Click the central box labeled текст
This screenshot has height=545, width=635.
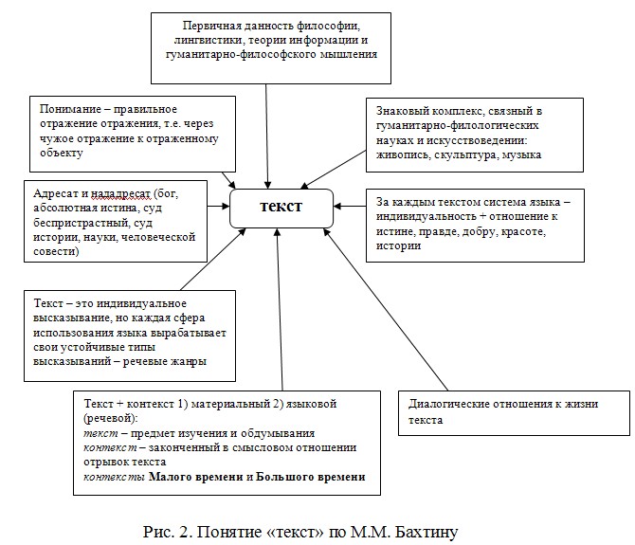(x=281, y=209)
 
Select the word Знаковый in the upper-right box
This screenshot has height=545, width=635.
(x=401, y=111)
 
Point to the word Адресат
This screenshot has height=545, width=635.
(x=56, y=193)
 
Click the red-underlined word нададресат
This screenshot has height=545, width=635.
(x=120, y=194)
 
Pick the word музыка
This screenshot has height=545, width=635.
(x=521, y=155)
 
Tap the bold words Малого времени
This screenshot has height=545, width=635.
(x=196, y=477)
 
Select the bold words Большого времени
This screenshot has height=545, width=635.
(x=311, y=477)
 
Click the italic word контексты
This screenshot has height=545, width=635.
(x=114, y=478)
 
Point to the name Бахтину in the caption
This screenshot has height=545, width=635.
(x=426, y=532)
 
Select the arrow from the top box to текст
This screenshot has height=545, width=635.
(x=267, y=136)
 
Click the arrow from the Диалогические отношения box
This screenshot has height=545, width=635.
(x=386, y=309)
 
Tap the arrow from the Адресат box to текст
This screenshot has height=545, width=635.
(x=219, y=207)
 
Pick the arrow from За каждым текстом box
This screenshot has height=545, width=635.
(x=350, y=207)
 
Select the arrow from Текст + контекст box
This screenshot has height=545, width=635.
(x=280, y=309)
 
